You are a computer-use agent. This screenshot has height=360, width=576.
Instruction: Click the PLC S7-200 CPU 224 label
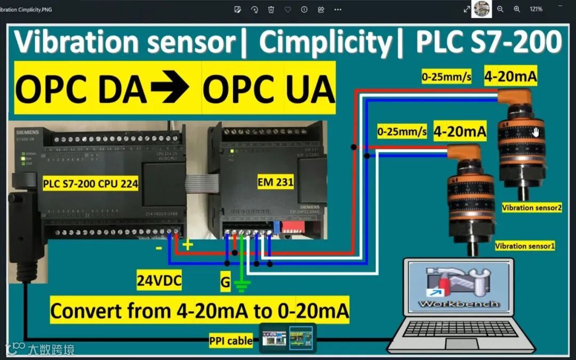91,185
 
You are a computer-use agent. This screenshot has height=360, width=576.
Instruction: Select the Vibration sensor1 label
525,246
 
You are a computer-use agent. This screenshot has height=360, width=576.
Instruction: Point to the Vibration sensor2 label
532,207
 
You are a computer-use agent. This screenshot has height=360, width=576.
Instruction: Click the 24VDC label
159,281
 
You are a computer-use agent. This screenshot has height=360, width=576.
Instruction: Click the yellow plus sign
188,245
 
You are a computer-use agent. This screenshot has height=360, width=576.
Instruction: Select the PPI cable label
231,340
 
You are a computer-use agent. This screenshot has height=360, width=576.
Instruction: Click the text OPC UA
268,90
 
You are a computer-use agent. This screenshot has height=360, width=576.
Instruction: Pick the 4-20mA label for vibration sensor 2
510,77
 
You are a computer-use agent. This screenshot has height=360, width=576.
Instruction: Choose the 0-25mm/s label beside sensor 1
402,132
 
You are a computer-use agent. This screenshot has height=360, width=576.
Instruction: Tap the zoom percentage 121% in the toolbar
536,9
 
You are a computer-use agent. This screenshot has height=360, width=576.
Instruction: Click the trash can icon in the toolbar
271,9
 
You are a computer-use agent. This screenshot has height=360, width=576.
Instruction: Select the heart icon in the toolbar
287,9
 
